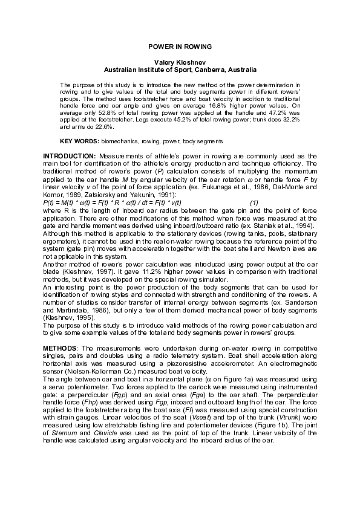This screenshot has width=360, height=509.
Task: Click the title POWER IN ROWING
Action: (x=180, y=47)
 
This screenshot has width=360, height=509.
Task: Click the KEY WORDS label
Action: (x=79, y=141)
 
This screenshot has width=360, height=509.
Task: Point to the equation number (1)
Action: (x=255, y=203)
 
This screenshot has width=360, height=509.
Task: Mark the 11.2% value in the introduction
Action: (x=133, y=273)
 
